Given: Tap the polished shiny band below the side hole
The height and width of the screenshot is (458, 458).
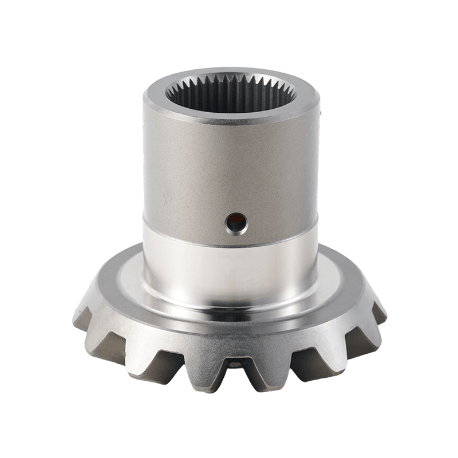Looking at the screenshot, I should coord(229,258).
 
